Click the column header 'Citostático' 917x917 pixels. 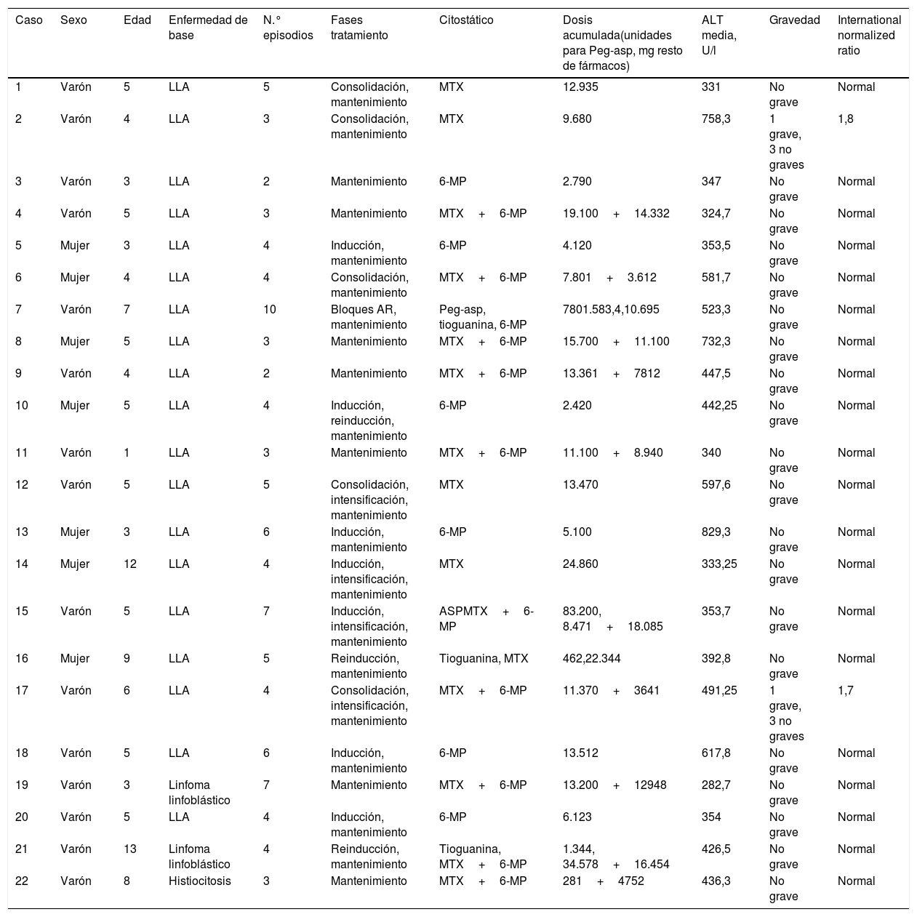point(466,20)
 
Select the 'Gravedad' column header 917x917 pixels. point(794,20)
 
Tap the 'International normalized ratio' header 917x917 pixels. point(869,36)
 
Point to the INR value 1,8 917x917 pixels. point(846,119)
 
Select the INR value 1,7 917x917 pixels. point(846,690)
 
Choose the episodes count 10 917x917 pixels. point(270,309)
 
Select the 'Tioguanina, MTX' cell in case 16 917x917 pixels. point(484,658)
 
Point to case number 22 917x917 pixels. point(22,881)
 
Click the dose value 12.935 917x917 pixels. point(580,87)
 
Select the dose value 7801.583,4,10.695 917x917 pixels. point(611,309)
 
